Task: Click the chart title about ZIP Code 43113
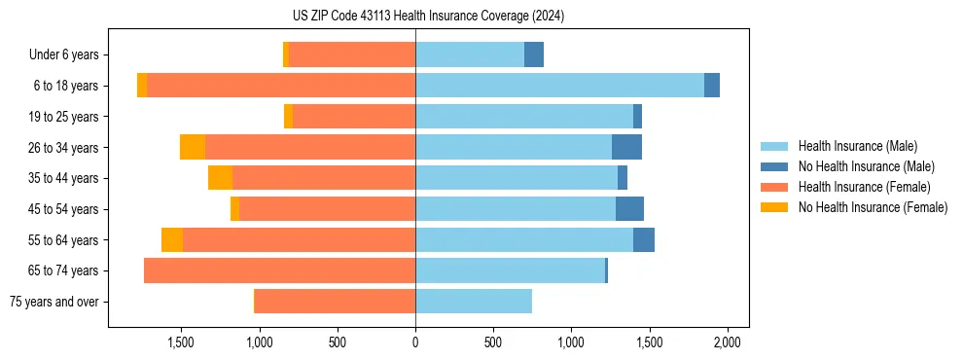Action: tap(428, 16)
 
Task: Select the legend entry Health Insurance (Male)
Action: tap(857, 146)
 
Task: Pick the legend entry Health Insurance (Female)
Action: tap(864, 187)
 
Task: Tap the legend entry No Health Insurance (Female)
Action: tap(873, 207)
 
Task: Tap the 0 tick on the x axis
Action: tap(415, 342)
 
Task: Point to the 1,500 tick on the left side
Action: tap(182, 342)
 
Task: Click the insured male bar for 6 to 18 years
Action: tap(559, 86)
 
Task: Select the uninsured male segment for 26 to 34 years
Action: tap(626, 147)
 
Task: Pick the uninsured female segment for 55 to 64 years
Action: tap(172, 239)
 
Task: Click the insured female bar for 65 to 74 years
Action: tap(280, 270)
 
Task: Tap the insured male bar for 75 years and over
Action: tap(474, 302)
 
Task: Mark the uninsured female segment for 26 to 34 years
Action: tap(193, 147)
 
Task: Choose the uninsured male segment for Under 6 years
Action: tap(534, 54)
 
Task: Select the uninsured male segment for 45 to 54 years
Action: tap(629, 209)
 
